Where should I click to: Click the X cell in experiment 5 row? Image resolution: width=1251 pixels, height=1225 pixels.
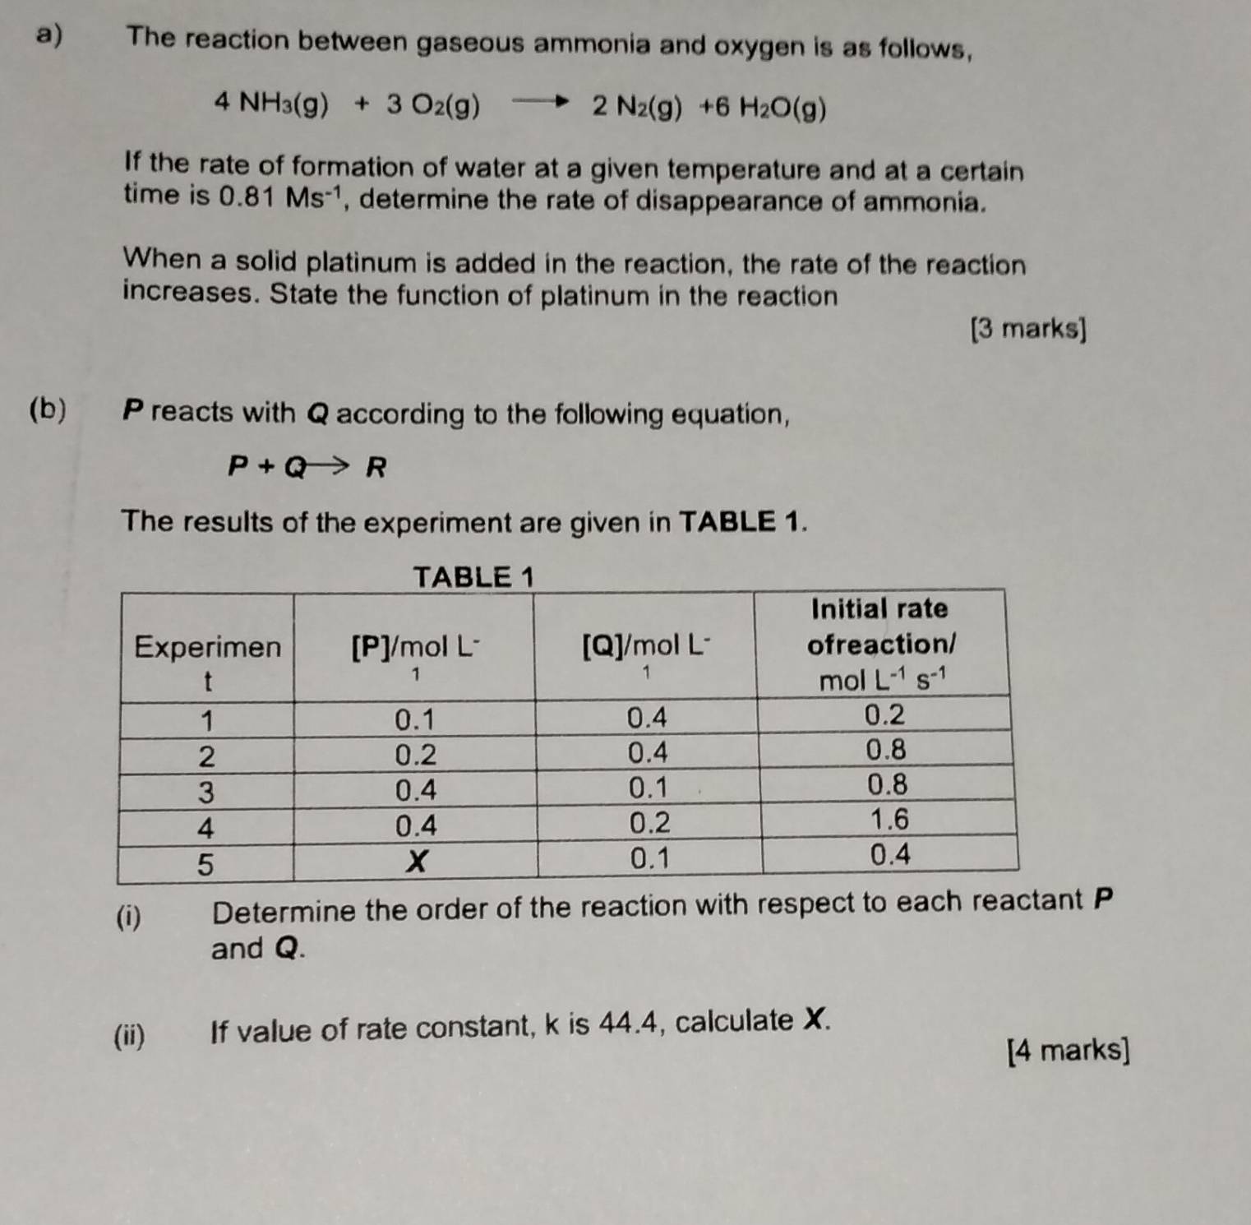point(418,861)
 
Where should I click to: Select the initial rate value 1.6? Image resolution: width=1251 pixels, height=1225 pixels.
point(889,820)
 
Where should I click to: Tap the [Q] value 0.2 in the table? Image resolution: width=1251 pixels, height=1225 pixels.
point(649,823)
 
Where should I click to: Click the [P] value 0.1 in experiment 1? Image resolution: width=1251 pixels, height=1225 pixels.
point(415,720)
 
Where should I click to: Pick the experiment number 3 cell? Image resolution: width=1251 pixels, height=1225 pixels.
point(206,792)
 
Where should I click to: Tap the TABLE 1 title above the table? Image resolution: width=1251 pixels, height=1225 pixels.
point(473,577)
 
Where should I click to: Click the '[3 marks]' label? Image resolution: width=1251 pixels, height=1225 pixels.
point(1027,329)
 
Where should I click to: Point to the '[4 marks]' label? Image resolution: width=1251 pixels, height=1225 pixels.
point(1068,1050)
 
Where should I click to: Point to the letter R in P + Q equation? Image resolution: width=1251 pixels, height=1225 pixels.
point(376,468)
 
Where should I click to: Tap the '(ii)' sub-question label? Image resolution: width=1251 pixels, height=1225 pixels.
point(130,1034)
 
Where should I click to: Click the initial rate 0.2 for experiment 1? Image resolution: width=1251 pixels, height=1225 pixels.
point(885,715)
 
